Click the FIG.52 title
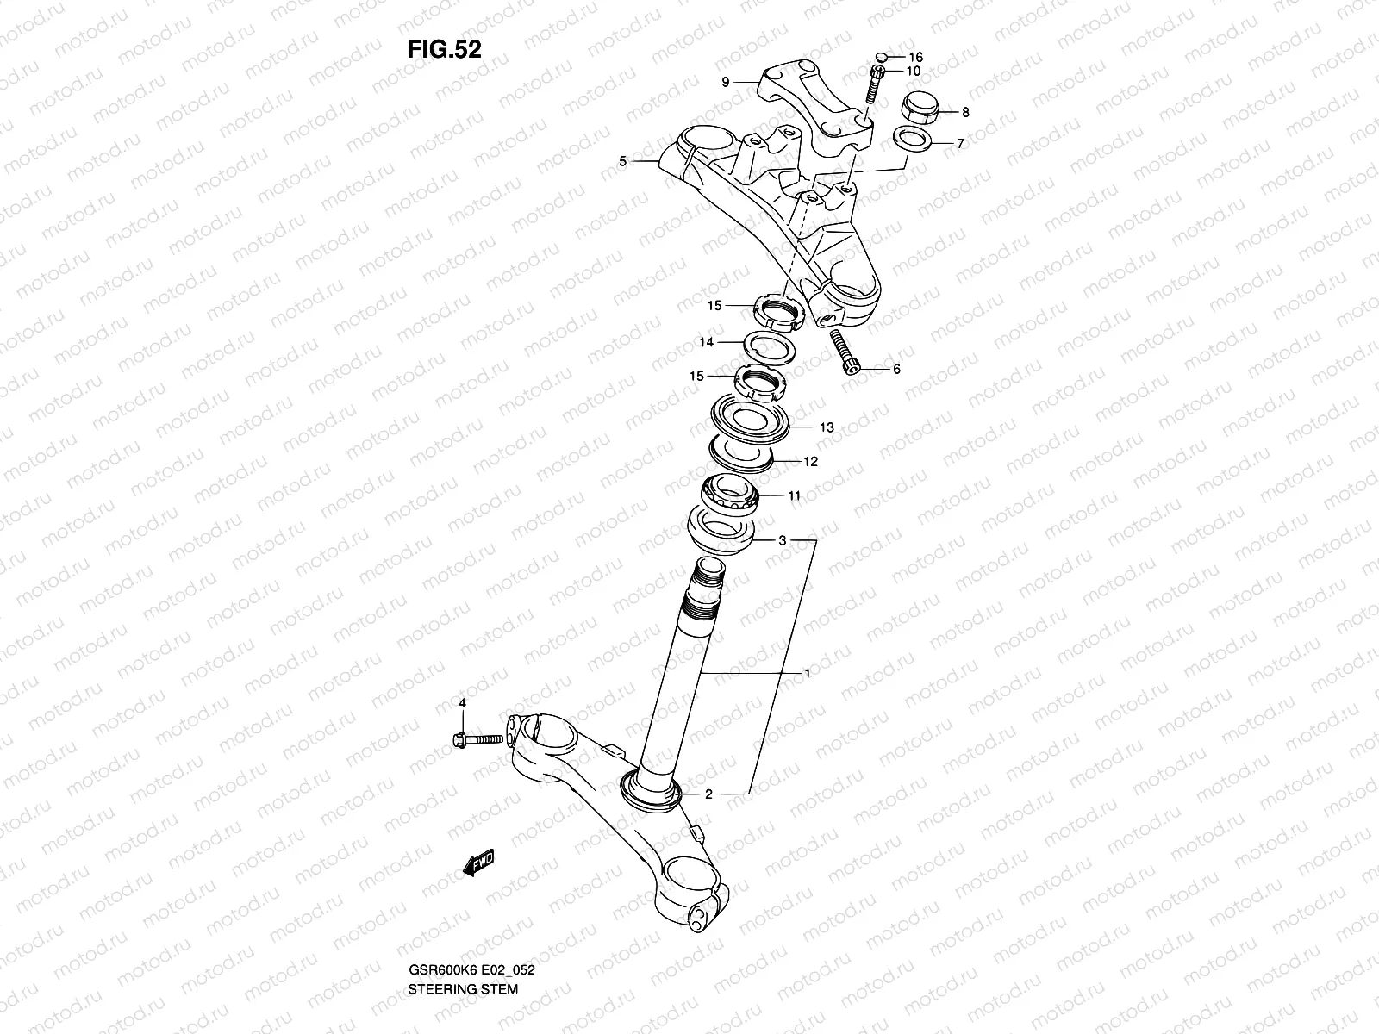pos(444,49)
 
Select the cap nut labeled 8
pos(919,109)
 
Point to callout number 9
pos(726,83)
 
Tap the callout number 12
pos(810,462)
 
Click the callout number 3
pos(782,541)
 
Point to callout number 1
pos(807,674)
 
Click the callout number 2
pos(708,794)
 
